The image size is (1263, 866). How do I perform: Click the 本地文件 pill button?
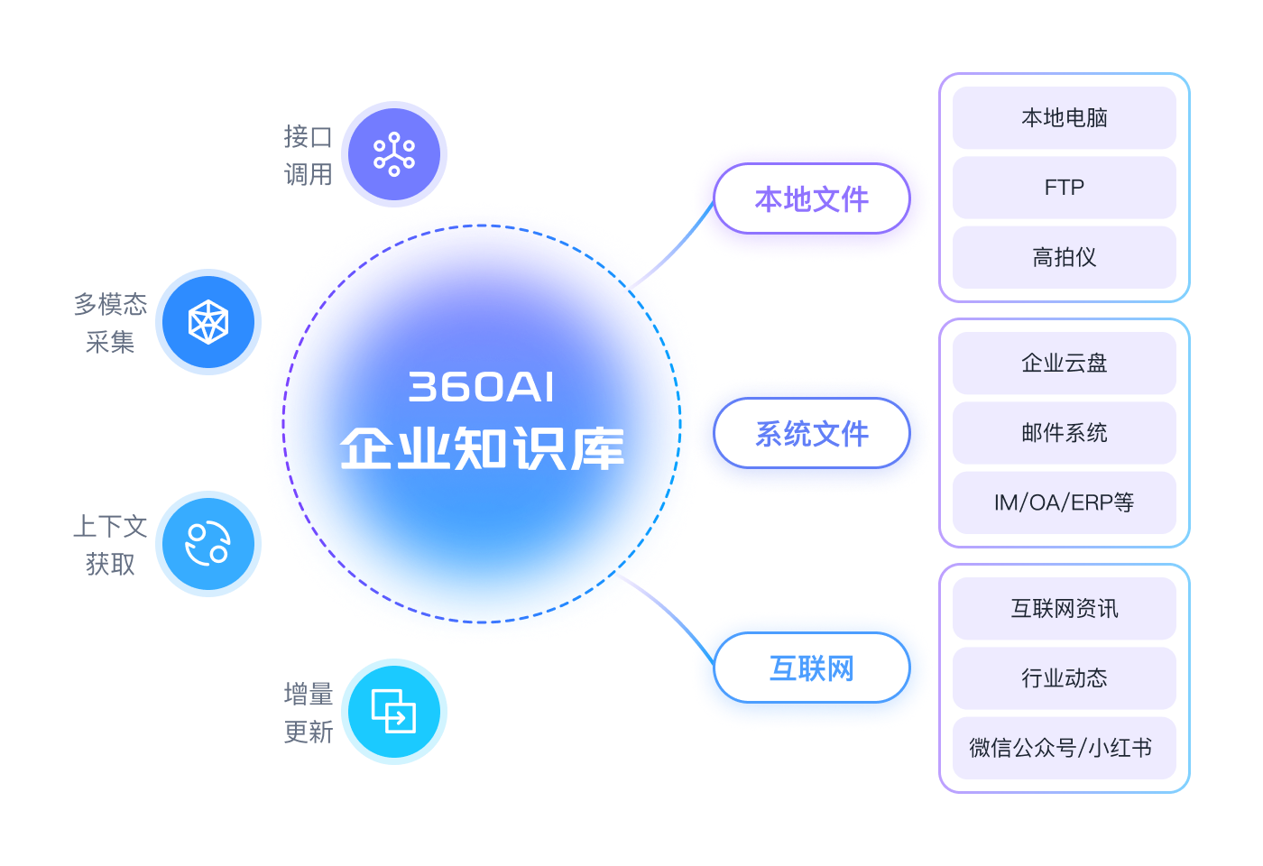point(811,198)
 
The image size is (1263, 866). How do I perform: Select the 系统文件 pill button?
point(811,433)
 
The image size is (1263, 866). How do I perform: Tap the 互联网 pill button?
point(811,668)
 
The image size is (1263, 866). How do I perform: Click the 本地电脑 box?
point(1064,117)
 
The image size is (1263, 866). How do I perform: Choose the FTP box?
point(1064,188)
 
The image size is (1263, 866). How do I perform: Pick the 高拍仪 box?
point(1064,257)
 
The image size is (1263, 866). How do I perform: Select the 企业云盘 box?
point(1064,363)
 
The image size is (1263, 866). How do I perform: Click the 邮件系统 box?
point(1064,433)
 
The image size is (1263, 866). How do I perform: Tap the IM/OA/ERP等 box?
point(1064,502)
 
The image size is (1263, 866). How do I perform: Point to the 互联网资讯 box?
point(1064,608)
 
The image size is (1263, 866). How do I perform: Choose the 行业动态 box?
point(1064,677)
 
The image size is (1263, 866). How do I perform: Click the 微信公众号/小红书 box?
point(1064,748)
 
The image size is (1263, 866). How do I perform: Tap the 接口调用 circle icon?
point(394,154)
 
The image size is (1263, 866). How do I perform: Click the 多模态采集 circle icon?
point(208,322)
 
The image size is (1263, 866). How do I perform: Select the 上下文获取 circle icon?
point(208,544)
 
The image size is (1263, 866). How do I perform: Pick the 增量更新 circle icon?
point(394,712)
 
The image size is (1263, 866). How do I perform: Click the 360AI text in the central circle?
point(481,387)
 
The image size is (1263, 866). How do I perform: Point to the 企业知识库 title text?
point(481,448)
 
